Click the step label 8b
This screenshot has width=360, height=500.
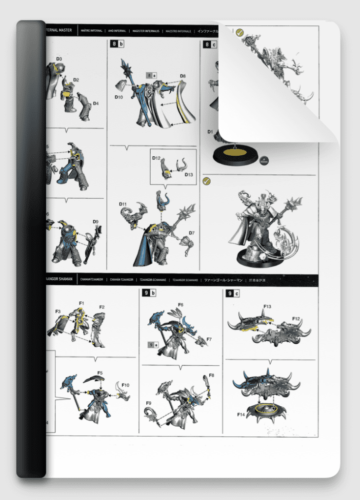(x=118, y=44)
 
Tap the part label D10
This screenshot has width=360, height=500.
(x=119, y=97)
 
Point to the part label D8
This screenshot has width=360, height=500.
(x=182, y=76)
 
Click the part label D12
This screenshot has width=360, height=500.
(x=156, y=158)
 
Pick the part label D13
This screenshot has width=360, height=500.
(x=189, y=174)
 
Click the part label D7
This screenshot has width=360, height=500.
(x=191, y=233)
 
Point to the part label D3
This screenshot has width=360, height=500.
(x=59, y=59)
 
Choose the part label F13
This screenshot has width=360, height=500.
(x=267, y=307)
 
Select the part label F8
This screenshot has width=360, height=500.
(x=211, y=375)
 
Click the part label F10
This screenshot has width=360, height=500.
(x=126, y=385)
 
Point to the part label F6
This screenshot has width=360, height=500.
(x=180, y=305)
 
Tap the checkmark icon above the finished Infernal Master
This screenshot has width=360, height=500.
(x=206, y=181)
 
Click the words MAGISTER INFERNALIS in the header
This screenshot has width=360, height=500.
(x=148, y=30)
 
